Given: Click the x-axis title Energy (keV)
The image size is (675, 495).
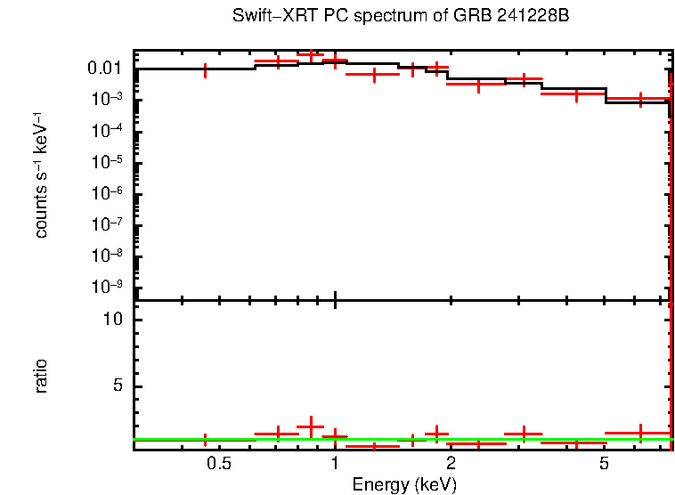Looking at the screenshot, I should coord(403,484).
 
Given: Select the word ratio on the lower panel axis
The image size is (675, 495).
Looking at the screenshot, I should coord(41,376).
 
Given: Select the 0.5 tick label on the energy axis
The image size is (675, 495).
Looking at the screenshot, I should coord(218,463).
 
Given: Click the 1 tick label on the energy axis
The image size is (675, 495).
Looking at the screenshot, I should coord(335,463).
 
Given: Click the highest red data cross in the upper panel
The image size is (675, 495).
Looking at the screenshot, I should coord(310,55).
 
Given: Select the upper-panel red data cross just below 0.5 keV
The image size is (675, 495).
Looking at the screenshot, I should coord(207,70).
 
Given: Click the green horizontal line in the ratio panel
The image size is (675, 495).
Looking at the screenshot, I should coord(401,439).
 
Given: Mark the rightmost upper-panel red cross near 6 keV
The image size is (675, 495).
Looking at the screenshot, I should coord(639,99).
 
